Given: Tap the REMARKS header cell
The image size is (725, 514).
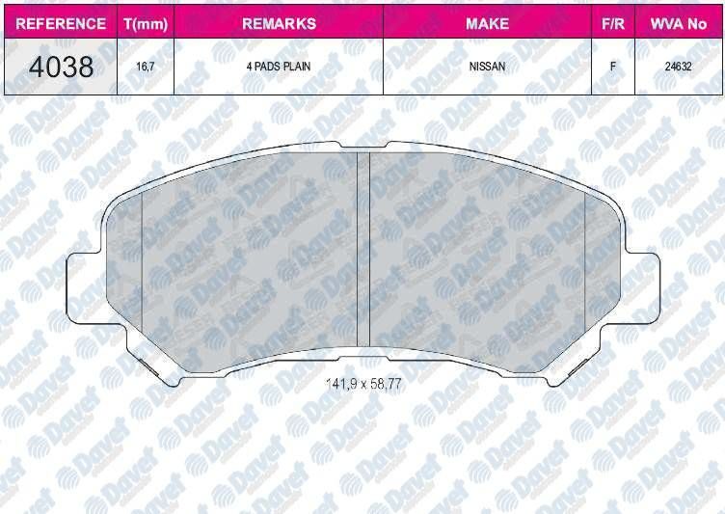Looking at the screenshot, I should (x=279, y=23).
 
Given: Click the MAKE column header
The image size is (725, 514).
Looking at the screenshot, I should (x=487, y=23).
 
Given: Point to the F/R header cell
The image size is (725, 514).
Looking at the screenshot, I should (x=610, y=23).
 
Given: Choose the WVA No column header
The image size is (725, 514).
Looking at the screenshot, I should (x=680, y=23).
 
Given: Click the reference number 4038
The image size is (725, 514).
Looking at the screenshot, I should (x=60, y=68).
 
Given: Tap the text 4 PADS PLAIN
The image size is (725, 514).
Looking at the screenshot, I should (x=279, y=68).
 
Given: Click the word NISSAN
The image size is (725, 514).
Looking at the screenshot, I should (x=487, y=68).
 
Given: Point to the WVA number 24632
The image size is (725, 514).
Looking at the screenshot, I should (x=680, y=68).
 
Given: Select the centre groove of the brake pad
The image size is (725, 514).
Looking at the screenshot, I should (x=363, y=251).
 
